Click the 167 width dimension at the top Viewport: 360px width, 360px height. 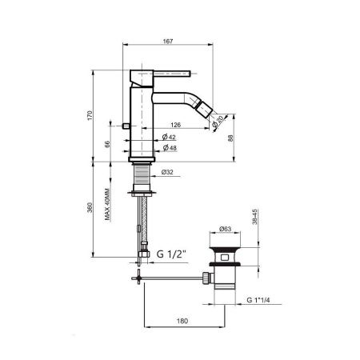pyautogui.click(x=168, y=42)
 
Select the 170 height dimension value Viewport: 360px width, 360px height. pyautogui.click(x=90, y=115)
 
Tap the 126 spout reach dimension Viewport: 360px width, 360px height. pyautogui.click(x=175, y=125)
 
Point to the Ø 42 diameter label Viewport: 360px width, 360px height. pyautogui.click(x=169, y=137)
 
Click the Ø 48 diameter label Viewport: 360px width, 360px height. pyautogui.click(x=170, y=147)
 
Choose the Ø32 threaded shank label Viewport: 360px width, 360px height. pyautogui.click(x=167, y=172)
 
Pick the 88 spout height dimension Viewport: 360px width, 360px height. pyautogui.click(x=230, y=138)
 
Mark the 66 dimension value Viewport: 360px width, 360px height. pyautogui.click(x=107, y=144)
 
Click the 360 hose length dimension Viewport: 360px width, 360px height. pyautogui.click(x=90, y=208)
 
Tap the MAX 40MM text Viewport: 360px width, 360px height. pyautogui.click(x=107, y=205)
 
